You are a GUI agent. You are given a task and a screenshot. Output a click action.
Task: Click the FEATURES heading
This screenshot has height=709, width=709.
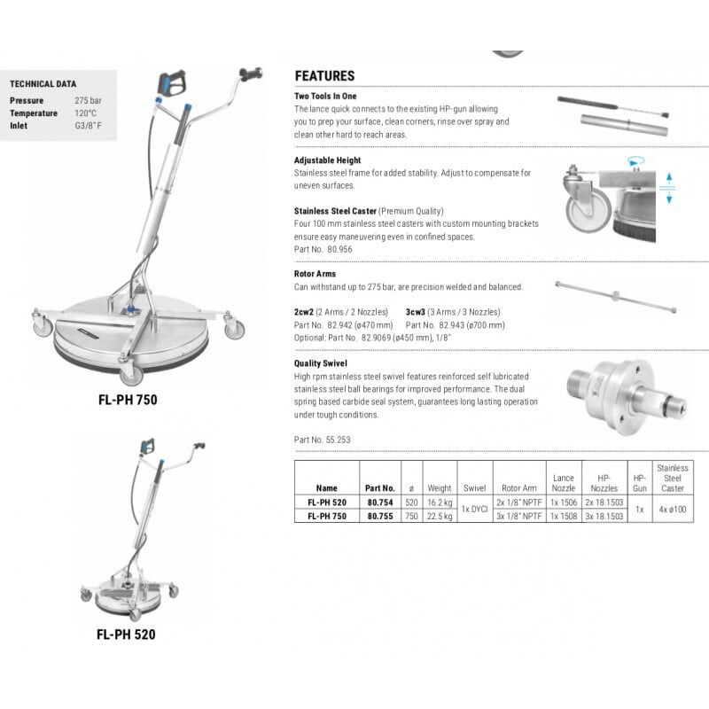coord(324,76)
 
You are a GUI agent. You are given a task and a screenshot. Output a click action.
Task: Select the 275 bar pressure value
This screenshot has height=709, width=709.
coord(88,101)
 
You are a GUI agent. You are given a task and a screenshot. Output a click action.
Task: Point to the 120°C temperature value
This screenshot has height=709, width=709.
coord(86,113)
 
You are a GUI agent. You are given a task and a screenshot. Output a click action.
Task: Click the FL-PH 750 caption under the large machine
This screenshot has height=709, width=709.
coord(128,400)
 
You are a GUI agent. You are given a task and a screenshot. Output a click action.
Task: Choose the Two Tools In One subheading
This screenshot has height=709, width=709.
coord(325,95)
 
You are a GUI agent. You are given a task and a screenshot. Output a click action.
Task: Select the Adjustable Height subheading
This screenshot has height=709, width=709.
coord(327,160)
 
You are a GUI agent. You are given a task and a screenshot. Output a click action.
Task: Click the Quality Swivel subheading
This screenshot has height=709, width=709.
coord(320,363)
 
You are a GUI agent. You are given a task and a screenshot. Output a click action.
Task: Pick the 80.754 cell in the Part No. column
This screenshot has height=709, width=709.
coord(379,502)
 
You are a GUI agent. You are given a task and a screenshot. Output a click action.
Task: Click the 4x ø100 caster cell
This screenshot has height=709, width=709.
coord(671,509)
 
